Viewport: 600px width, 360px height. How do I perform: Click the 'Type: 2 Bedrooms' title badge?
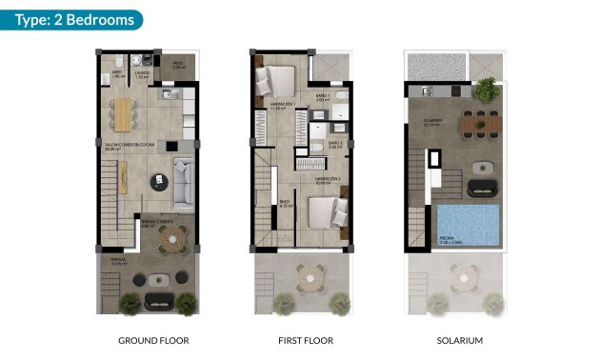(x=71, y=20)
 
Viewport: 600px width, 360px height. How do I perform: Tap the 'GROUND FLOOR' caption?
(x=153, y=340)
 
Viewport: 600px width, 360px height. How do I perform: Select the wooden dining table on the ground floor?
(x=125, y=113)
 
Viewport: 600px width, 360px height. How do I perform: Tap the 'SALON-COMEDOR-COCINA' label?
(x=125, y=145)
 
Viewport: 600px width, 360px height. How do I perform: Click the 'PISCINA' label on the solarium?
(x=448, y=240)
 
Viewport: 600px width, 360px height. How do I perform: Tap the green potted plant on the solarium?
(x=486, y=90)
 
